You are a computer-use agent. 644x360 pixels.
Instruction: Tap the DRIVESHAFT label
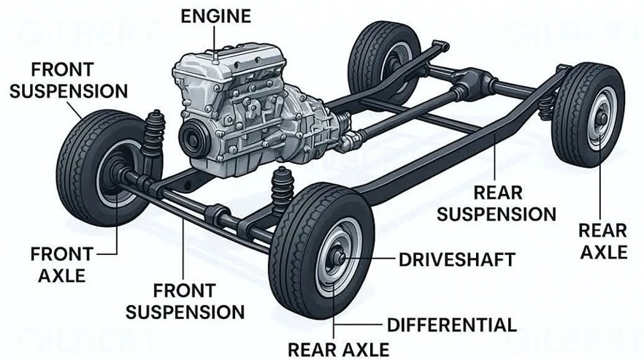click(x=457, y=259)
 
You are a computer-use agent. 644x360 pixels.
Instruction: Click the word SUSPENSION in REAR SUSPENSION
click(x=497, y=214)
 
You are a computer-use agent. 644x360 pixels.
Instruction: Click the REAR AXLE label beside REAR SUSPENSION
click(x=602, y=241)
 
